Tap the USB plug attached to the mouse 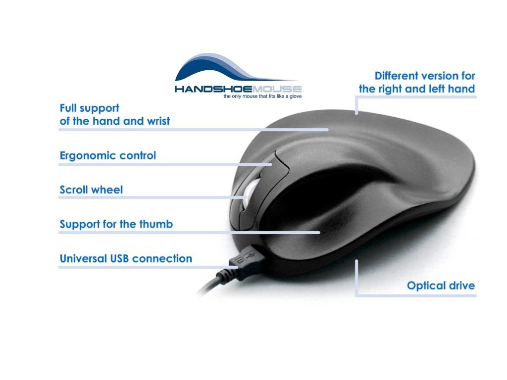pyautogui.click(x=248, y=261)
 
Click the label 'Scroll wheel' pyautogui.click(x=91, y=190)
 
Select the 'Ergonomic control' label pyautogui.click(x=107, y=155)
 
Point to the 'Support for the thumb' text pyautogui.click(x=116, y=224)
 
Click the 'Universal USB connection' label pyautogui.click(x=126, y=258)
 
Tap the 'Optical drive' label pyautogui.click(x=441, y=285)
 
